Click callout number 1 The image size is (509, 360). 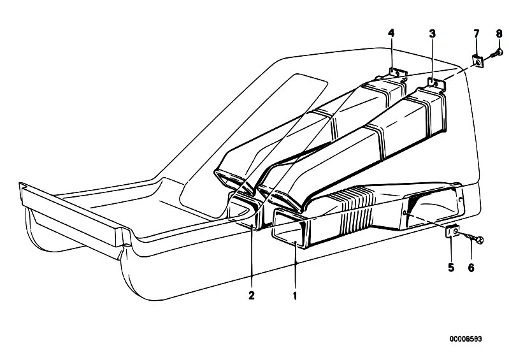click(x=295, y=296)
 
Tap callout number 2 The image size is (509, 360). click(x=252, y=296)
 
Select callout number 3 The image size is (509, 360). click(x=432, y=33)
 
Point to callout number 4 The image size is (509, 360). click(x=392, y=32)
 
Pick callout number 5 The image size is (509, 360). click(x=451, y=268)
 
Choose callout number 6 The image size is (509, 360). click(x=471, y=268)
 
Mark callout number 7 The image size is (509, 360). click(x=477, y=33)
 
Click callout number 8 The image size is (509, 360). click(x=499, y=33)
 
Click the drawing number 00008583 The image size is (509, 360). click(x=466, y=339)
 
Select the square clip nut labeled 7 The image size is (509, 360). click(x=477, y=61)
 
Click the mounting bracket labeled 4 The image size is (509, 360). click(x=398, y=74)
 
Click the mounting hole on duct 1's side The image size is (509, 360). click(x=405, y=213)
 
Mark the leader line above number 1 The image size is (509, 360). click(x=296, y=266)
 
